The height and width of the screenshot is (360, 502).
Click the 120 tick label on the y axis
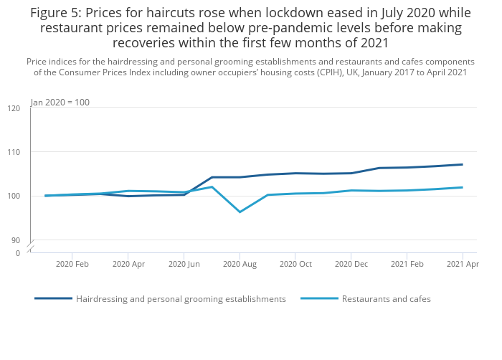point(14,108)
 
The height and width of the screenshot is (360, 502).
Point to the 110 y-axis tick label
point(14,152)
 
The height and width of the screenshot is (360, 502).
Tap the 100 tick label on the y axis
point(14,196)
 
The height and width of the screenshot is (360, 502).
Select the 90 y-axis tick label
point(16,240)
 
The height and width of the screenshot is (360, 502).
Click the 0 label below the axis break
point(18,253)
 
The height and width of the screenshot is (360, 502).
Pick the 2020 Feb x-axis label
point(72,264)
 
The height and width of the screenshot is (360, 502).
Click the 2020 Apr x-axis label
point(128,264)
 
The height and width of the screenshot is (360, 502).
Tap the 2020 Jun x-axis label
point(184,264)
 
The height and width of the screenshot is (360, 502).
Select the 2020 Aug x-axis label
point(240,264)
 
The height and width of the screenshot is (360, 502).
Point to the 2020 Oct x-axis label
point(295,264)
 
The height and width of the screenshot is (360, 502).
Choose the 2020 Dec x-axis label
point(351,264)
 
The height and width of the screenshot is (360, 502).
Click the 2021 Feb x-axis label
point(407,264)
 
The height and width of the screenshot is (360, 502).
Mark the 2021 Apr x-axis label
point(463,264)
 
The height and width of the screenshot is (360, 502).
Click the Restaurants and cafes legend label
point(387,299)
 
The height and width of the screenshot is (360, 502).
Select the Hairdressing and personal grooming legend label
point(181,299)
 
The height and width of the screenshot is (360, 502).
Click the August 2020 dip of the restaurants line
point(240,212)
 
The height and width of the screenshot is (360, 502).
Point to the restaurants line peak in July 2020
point(212,186)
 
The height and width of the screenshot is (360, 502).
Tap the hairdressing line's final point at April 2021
point(462,165)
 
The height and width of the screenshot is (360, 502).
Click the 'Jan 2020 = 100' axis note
point(60,103)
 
